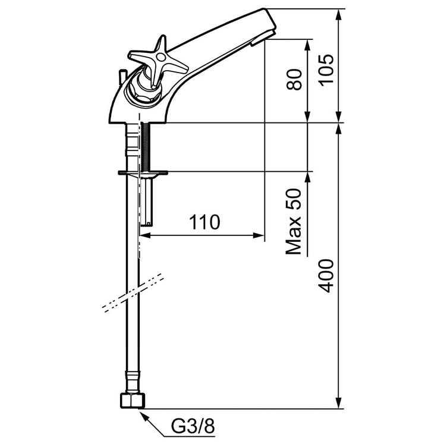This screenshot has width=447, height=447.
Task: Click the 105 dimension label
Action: click(326, 70)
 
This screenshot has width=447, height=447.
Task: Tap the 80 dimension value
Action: click(294, 79)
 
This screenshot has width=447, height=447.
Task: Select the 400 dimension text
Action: click(326, 276)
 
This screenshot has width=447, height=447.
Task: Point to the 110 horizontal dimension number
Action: click(204, 222)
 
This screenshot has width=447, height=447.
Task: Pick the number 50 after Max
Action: click(294, 199)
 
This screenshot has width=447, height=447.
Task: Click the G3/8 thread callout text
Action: click(193, 426)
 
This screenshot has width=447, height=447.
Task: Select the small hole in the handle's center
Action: click(160, 58)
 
